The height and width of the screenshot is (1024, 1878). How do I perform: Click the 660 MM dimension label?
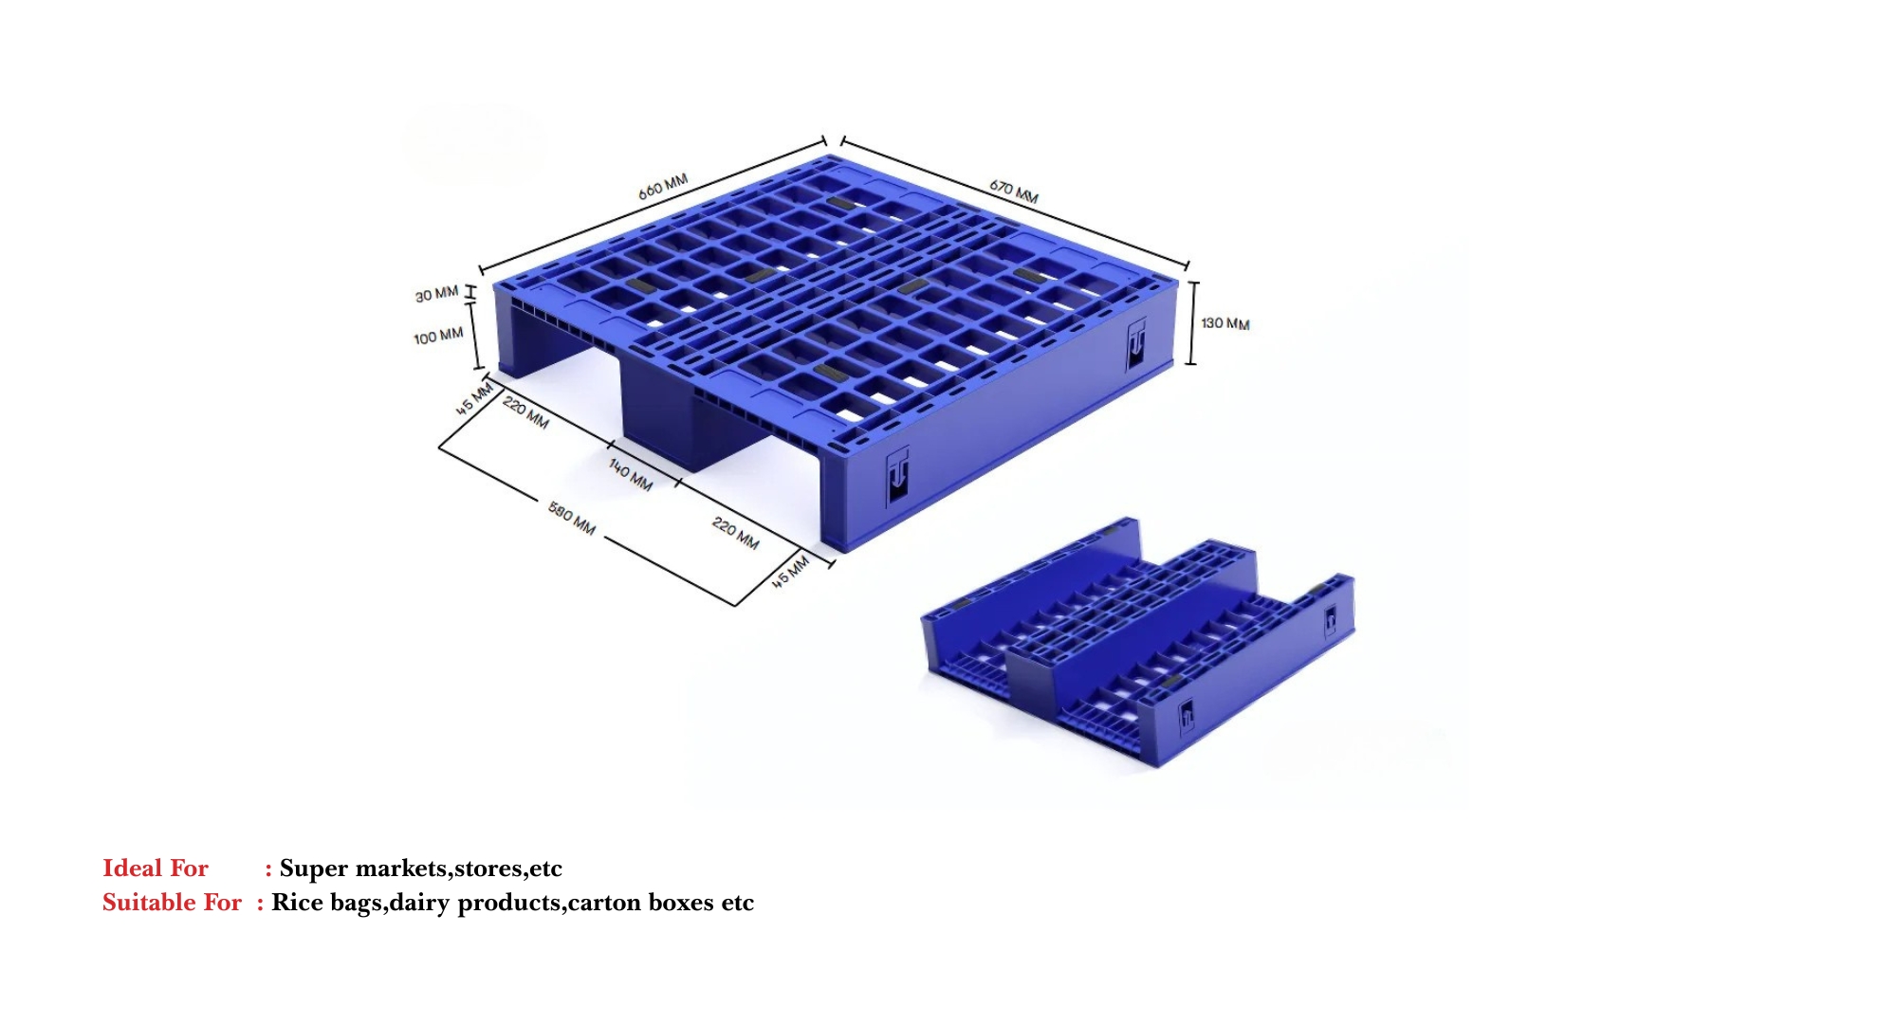tap(662, 186)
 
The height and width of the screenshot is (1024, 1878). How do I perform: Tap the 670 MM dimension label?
tap(1013, 192)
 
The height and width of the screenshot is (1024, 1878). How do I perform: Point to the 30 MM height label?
tap(436, 295)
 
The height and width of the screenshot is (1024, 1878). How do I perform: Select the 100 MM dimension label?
tap(438, 337)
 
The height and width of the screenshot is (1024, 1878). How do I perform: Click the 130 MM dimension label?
tap(1224, 323)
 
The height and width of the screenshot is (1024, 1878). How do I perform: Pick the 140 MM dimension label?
tap(631, 474)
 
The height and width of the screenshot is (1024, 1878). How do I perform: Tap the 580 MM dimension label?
tap(572, 518)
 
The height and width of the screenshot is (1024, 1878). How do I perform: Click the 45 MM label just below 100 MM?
tap(474, 398)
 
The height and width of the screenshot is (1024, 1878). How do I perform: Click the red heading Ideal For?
tap(155, 868)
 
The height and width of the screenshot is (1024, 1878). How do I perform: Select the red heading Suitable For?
tap(172, 902)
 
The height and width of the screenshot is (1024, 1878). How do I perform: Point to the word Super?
tap(313, 868)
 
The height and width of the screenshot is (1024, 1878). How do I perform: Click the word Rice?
tap(297, 902)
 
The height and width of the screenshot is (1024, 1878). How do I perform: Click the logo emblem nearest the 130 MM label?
tap(1136, 344)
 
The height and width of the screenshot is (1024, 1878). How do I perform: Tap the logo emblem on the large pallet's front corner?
tap(897, 476)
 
